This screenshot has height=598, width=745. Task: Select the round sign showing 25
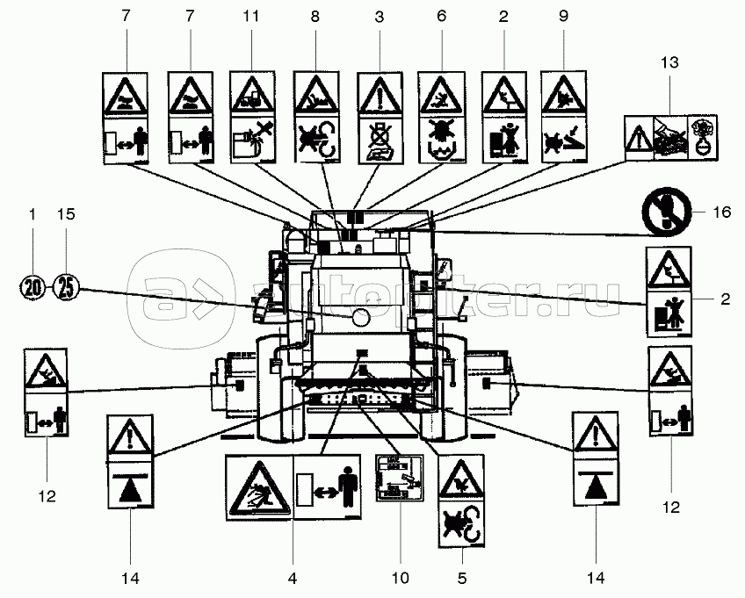(66, 286)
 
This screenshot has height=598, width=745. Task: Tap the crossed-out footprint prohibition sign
(665, 212)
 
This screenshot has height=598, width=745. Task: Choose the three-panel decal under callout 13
(670, 137)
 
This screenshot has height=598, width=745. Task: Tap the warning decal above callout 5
(461, 501)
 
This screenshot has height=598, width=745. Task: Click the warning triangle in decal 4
(259, 490)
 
